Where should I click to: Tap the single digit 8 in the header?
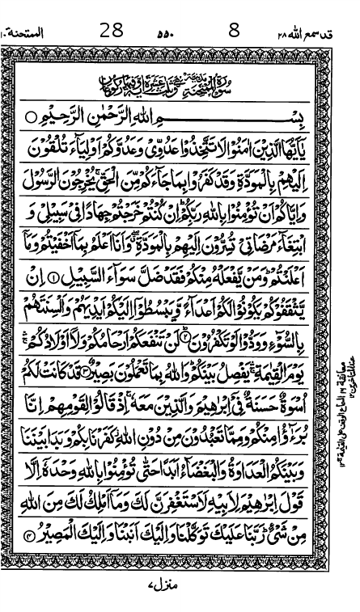coord(235,11)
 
